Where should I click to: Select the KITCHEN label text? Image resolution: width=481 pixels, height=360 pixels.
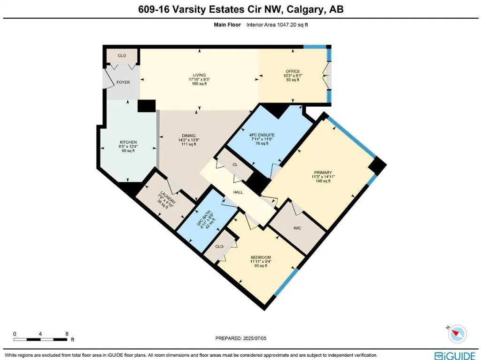click(128, 142)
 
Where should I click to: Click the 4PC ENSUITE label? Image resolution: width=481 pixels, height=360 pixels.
click(262, 135)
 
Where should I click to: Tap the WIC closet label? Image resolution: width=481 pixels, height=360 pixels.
click(297, 228)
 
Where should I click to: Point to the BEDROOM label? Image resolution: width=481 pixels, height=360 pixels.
click(261, 257)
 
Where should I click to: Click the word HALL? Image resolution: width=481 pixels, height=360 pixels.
click(238, 192)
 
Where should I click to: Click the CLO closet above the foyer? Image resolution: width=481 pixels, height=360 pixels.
click(122, 55)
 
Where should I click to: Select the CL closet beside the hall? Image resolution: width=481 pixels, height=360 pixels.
click(235, 164)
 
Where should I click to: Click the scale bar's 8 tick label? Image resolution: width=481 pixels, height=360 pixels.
click(67, 333)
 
